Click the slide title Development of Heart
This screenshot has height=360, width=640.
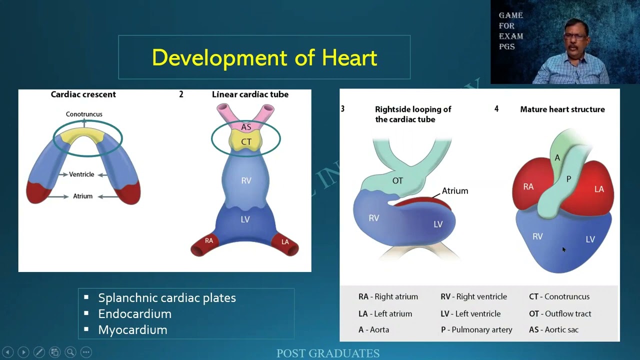[264, 57]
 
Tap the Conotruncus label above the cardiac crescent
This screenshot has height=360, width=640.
[84, 114]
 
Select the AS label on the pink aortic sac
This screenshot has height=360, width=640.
[246, 127]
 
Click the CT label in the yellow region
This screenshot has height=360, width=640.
[246, 142]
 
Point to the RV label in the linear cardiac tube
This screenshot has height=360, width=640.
[246, 180]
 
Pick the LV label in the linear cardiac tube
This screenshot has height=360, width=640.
[245, 219]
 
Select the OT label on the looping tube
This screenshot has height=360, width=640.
[397, 180]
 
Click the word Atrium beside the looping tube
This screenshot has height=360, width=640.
[455, 191]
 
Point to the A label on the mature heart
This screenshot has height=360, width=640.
[557, 158]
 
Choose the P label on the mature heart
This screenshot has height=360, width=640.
[568, 179]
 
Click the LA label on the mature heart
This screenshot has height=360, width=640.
[599, 189]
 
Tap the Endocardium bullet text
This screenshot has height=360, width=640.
[134, 313]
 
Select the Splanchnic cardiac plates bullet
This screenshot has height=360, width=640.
[166, 297]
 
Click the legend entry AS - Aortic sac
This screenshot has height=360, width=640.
[553, 329]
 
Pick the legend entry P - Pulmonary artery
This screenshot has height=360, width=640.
[476, 329]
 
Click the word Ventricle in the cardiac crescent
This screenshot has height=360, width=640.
[81, 174]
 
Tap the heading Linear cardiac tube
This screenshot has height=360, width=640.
[250, 94]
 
